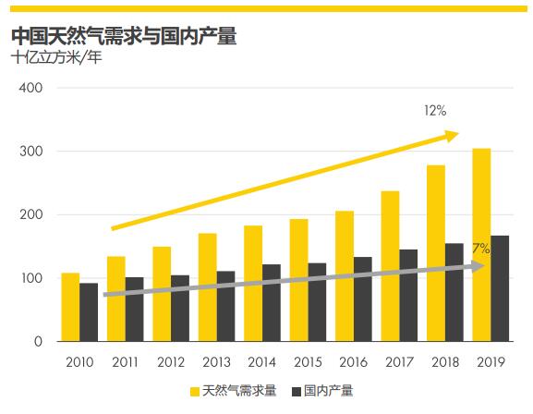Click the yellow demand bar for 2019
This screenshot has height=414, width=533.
(481, 245)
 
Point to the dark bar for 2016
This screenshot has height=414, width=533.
(363, 299)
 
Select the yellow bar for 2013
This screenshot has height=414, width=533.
(207, 287)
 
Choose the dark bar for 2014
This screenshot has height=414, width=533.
(272, 303)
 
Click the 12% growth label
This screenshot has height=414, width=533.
(435, 111)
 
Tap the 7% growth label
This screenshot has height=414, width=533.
(480, 249)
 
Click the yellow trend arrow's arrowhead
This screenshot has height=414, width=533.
(451, 136)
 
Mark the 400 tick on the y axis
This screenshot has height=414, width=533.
(31, 88)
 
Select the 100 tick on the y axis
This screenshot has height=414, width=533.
(31, 278)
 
